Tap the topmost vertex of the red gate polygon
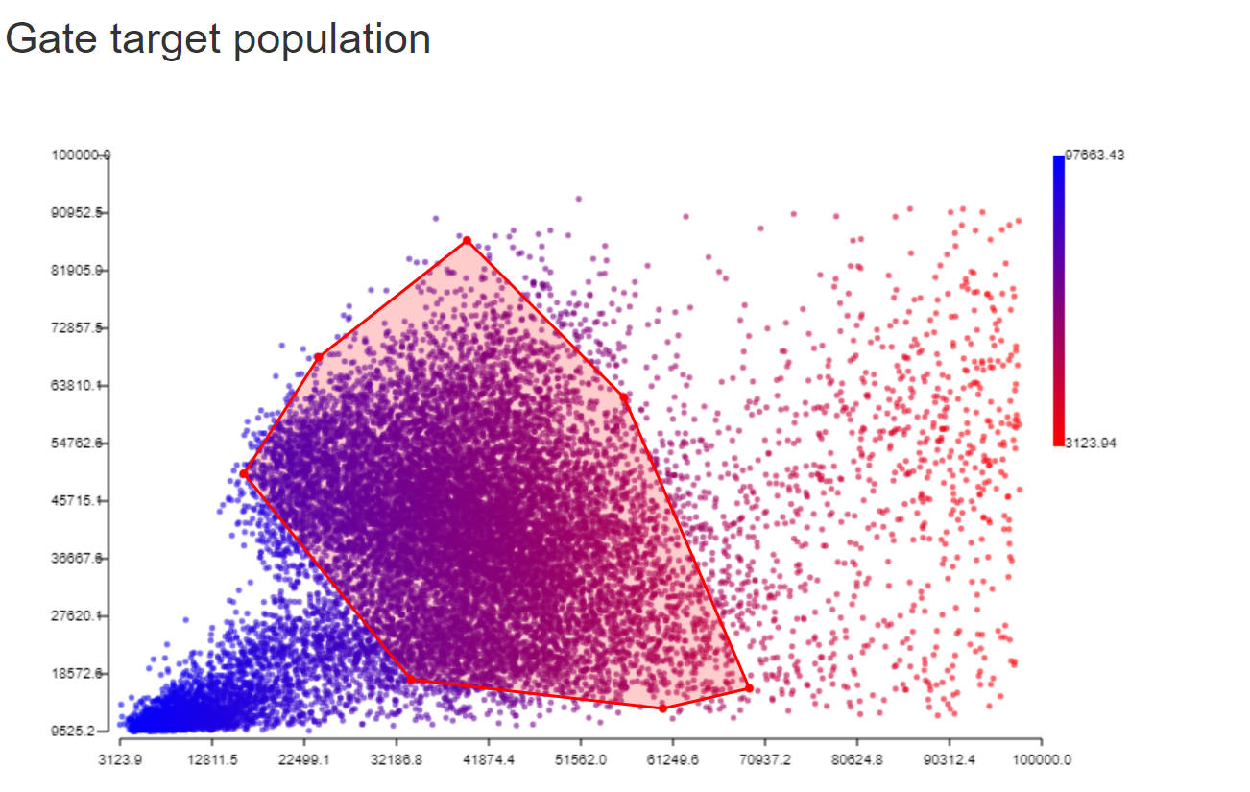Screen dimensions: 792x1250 (467, 240)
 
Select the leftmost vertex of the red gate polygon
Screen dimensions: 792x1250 (244, 473)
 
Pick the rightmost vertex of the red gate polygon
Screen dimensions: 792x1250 (749, 688)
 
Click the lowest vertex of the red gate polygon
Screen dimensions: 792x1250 (662, 708)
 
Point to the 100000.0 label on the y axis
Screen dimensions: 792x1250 (82, 155)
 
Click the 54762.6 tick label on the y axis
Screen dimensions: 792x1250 (82, 443)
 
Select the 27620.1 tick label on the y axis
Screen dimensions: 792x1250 (82, 615)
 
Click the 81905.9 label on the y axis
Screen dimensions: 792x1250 (82, 270)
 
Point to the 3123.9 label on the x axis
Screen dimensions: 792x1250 (119, 759)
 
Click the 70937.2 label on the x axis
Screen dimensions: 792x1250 (764, 759)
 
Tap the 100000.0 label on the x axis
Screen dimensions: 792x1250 (1041, 759)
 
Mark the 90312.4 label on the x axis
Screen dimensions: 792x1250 (949, 759)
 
